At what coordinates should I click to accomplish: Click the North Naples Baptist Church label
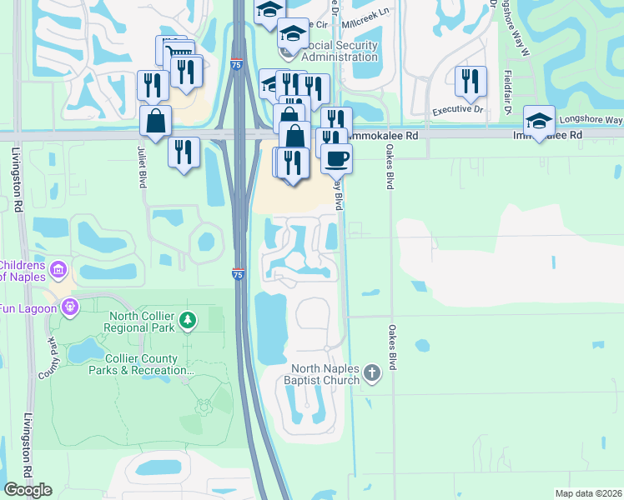click(325, 374)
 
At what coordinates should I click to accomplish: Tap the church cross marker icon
click(372, 374)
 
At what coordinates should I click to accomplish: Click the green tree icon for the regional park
click(189, 320)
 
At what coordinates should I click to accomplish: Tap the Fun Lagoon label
click(28, 307)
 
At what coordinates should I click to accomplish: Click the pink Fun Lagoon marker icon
click(69, 307)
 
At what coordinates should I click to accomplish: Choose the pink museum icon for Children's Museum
click(58, 269)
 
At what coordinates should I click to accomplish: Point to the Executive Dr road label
click(457, 109)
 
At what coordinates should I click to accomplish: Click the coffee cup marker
click(336, 157)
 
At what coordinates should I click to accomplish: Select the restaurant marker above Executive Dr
click(471, 80)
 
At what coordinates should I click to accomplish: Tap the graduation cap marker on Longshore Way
click(539, 120)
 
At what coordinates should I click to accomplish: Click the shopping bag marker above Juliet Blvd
click(155, 120)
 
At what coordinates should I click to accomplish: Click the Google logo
click(28, 490)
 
